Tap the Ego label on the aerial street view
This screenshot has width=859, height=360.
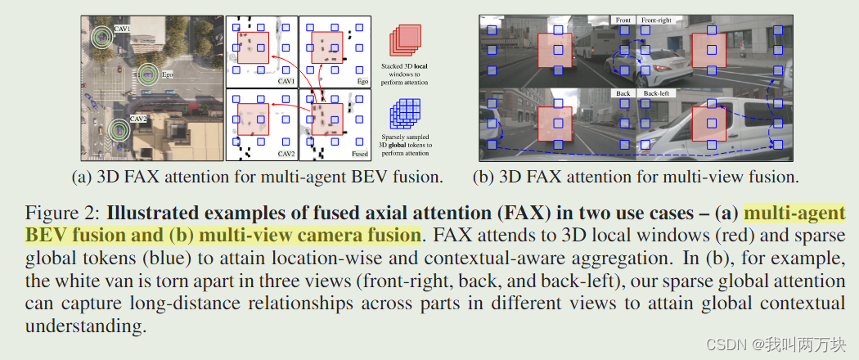(x=167, y=74)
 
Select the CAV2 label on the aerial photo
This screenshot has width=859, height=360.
(x=138, y=119)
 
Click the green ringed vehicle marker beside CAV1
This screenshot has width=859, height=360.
(x=101, y=36)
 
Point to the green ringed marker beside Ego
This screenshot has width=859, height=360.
(x=147, y=74)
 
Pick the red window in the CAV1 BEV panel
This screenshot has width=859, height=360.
(x=252, y=48)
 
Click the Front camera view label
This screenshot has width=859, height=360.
(x=623, y=20)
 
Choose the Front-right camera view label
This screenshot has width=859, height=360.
(x=659, y=20)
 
